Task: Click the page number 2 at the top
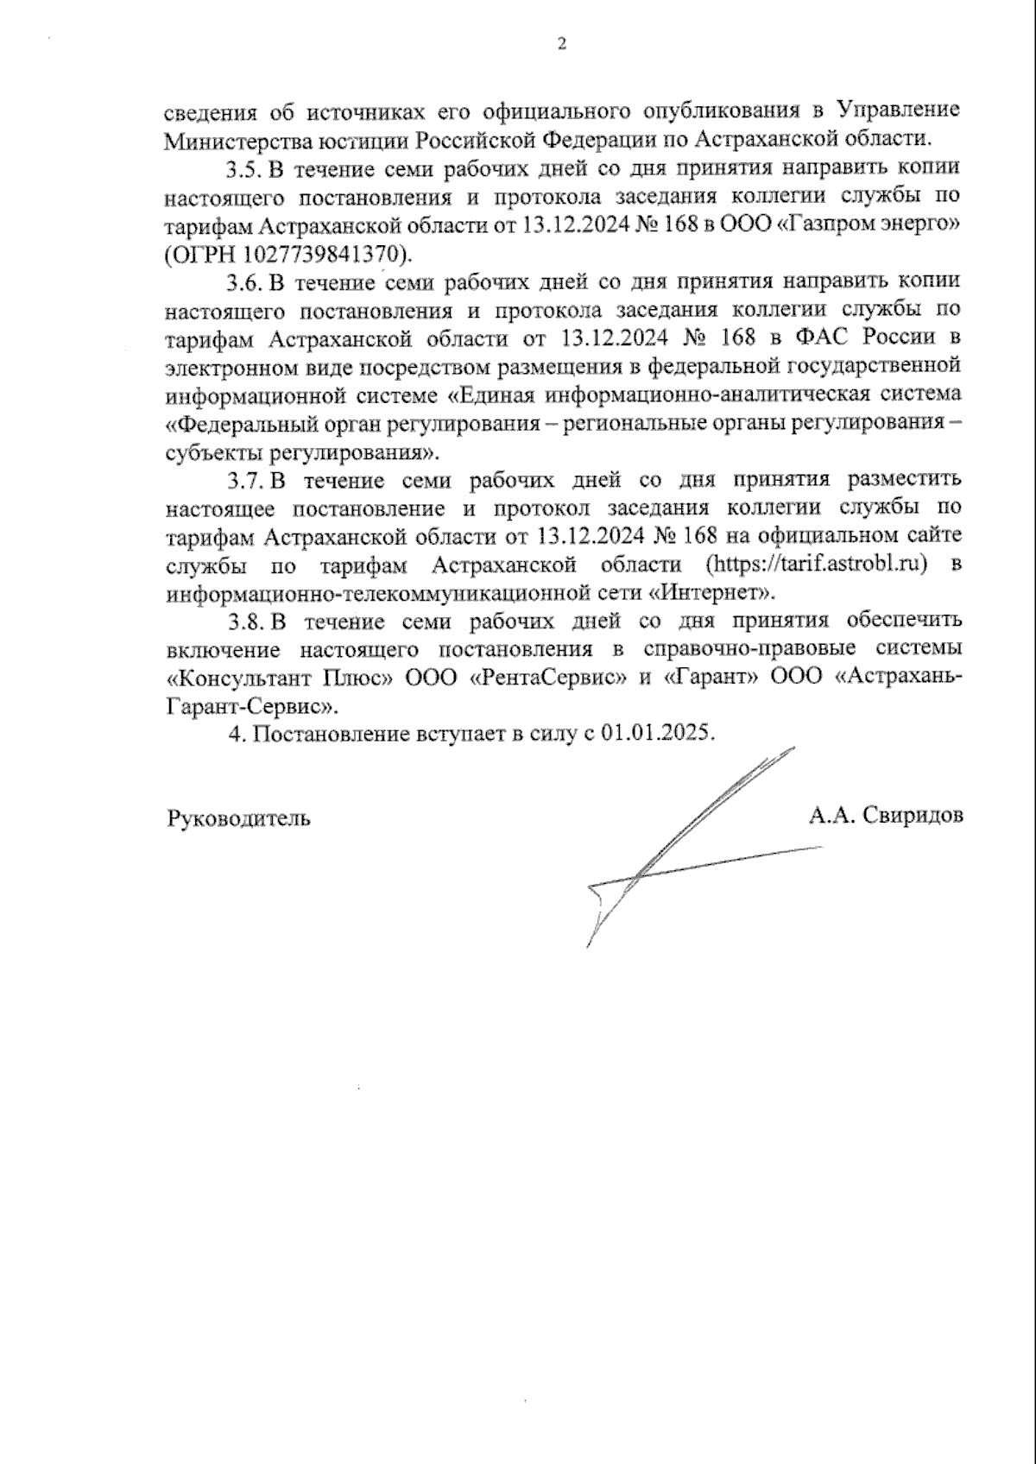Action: point(562,43)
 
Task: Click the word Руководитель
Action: point(238,817)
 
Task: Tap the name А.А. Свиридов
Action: point(886,815)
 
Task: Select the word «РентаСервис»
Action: point(547,678)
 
